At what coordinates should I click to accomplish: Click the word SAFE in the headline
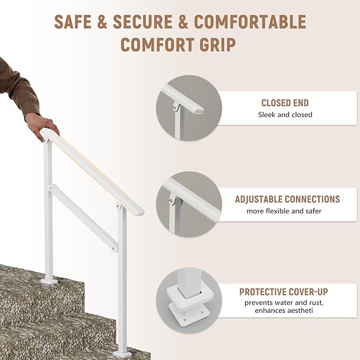(73, 22)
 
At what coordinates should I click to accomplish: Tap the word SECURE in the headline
(143, 22)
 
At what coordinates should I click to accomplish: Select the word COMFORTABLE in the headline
(250, 22)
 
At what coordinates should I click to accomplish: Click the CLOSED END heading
(285, 103)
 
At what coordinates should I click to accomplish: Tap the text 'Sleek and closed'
(285, 115)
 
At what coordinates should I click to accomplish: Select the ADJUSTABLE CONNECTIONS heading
(287, 199)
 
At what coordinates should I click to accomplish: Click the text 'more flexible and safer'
(284, 211)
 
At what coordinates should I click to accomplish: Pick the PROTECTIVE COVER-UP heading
(284, 292)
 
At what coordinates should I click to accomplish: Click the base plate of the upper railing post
(49, 281)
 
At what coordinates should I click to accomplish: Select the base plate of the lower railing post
(122, 354)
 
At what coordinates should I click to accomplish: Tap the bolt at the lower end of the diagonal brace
(113, 249)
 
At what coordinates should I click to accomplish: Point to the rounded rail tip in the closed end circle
(199, 110)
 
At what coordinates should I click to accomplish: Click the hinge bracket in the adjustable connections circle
(173, 200)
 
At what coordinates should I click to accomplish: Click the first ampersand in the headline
(102, 22)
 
